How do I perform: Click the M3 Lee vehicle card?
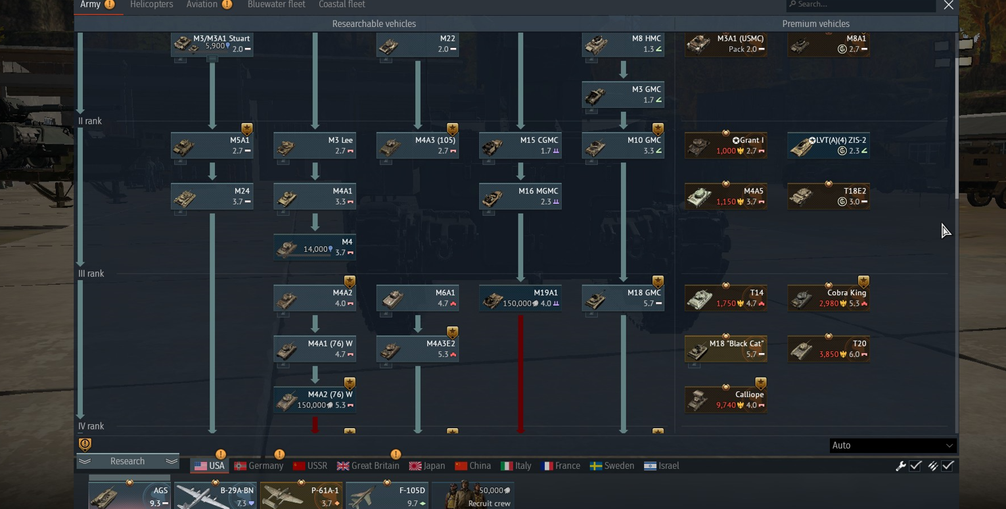point(315,146)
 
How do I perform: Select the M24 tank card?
point(212,197)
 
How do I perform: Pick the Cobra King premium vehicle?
point(829,298)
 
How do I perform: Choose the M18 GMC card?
point(623,298)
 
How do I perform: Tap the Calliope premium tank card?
point(726,400)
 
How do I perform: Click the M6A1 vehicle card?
point(418,298)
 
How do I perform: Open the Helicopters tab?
point(151,5)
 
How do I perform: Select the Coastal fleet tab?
point(342,5)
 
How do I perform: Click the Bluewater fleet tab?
point(276,5)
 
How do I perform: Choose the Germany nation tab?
point(259,466)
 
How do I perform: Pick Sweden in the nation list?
point(612,466)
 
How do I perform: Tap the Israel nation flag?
point(650,466)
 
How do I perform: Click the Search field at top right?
point(860,5)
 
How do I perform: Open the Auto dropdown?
point(892,445)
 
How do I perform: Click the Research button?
point(127,462)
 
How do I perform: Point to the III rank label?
point(91,274)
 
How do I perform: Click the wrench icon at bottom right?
point(900,466)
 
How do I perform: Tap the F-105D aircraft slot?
point(386,495)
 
